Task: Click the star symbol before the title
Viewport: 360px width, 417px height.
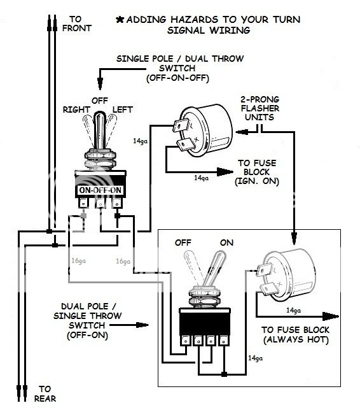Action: click(x=119, y=20)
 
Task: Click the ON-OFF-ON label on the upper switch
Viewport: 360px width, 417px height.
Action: click(x=100, y=190)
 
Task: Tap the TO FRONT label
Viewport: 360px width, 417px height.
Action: click(x=77, y=23)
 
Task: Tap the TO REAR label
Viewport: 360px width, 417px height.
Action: click(x=45, y=393)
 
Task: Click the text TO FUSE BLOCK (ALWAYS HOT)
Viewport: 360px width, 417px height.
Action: click(x=294, y=336)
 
